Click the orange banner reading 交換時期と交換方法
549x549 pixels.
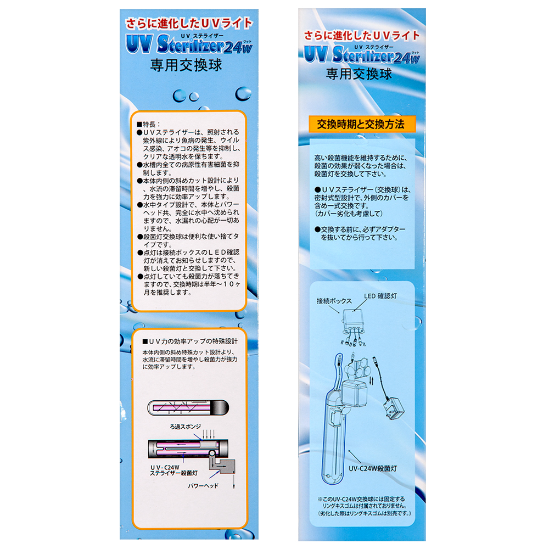tap(362, 124)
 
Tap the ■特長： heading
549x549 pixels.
tap(148, 124)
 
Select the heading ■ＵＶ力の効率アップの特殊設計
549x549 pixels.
tap(190, 341)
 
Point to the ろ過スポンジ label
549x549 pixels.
tap(185, 427)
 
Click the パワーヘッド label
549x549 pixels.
tap(203, 486)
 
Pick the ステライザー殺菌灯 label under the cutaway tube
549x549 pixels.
tap(173, 473)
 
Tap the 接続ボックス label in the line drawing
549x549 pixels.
tap(334, 301)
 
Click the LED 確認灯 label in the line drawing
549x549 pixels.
tap(380, 296)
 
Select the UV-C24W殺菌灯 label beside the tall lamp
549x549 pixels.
tap(373, 468)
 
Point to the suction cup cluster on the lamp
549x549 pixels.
tap(358, 368)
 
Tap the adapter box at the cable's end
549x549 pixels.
tap(394, 408)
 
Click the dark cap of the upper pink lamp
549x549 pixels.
tap(221, 408)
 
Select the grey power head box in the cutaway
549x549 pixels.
tap(222, 464)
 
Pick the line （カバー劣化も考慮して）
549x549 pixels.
tap(349, 214)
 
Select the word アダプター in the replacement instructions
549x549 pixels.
tap(390, 229)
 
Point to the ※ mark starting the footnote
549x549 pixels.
tap(320, 499)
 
